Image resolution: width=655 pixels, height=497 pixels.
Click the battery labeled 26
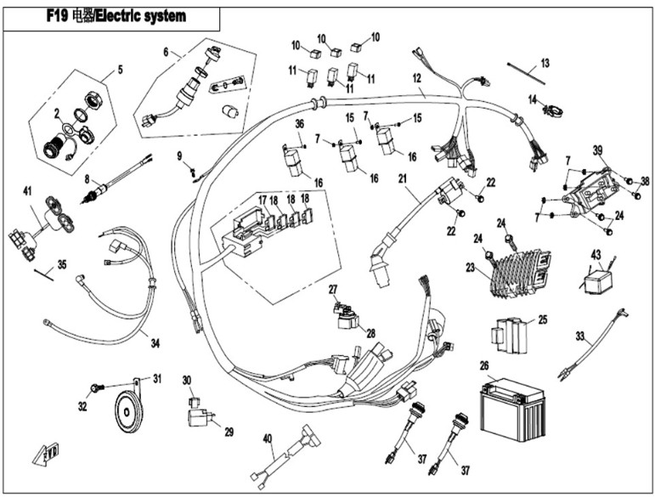coord(508,409)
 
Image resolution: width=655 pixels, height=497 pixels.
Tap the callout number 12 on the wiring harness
coord(417,78)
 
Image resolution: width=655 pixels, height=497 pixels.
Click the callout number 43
coord(596,255)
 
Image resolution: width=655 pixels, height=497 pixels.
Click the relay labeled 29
coord(200,416)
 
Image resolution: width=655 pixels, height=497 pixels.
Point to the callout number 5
coord(120,71)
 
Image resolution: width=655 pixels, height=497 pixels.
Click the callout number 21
coord(403,178)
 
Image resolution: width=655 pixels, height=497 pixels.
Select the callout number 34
coord(155,343)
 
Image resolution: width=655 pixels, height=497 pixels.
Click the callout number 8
coord(87,178)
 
